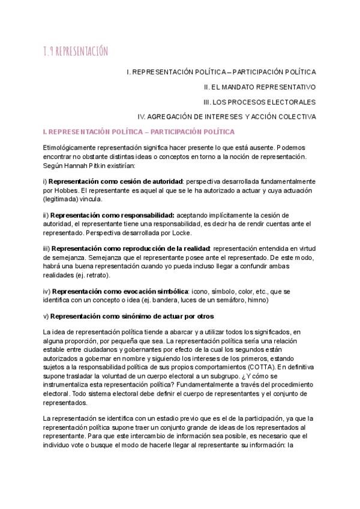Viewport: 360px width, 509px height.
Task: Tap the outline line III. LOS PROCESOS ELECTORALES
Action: point(259,101)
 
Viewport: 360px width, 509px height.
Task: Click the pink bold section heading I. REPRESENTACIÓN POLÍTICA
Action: point(139,131)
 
